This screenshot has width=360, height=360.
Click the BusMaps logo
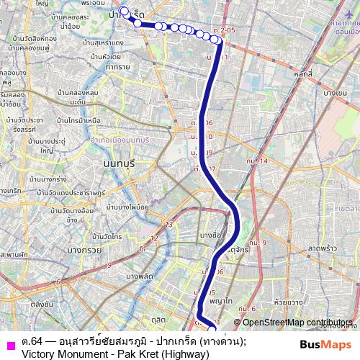tap(325, 343)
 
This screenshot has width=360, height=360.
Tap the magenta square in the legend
tap(10, 345)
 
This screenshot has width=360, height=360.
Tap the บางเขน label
tap(335, 93)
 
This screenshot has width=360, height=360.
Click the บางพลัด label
tap(141, 276)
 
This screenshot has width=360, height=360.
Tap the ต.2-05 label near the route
tap(224, 30)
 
